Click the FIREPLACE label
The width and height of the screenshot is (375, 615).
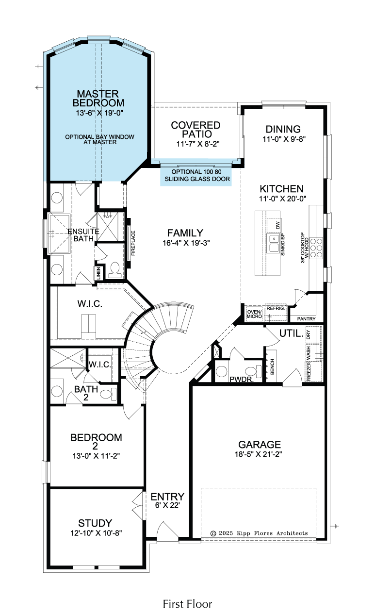pyautogui.click(x=133, y=243)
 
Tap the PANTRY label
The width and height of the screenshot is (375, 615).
pyautogui.click(x=306, y=319)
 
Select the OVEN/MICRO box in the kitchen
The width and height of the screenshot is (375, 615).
pyautogui.click(x=254, y=314)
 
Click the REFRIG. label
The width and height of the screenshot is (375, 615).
pyautogui.click(x=276, y=308)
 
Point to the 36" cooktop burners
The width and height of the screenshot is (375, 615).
pyautogui.click(x=316, y=248)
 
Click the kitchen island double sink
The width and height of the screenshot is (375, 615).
pyautogui.click(x=274, y=243)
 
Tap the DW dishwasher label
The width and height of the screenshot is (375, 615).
pyautogui.click(x=277, y=225)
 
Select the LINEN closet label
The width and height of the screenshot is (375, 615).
pyautogui.click(x=98, y=273)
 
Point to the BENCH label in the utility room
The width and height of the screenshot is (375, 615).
pyautogui.click(x=272, y=367)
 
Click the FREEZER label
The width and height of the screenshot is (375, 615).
pyautogui.click(x=309, y=371)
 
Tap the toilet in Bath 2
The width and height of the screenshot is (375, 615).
pyautogui.click(x=108, y=395)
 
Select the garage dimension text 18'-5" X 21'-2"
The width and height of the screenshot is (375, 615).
pyautogui.click(x=259, y=454)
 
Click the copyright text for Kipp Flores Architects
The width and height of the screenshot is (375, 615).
pyautogui.click(x=259, y=533)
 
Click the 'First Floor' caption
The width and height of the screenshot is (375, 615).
pyautogui.click(x=187, y=604)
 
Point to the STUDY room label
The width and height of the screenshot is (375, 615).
pyautogui.click(x=95, y=523)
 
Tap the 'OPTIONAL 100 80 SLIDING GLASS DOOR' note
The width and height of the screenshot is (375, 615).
pyautogui.click(x=197, y=175)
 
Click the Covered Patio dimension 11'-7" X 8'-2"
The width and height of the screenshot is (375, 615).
pyautogui.click(x=198, y=144)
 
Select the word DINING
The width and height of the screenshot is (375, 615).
pyautogui.click(x=283, y=129)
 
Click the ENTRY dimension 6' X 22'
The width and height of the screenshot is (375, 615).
pyautogui.click(x=167, y=505)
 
